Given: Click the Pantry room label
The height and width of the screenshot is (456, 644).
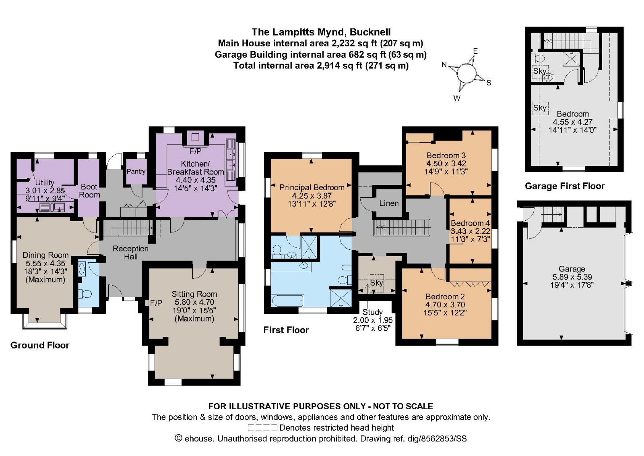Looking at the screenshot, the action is pyautogui.click(x=136, y=171).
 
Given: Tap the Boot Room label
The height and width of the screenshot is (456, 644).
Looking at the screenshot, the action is pyautogui.click(x=89, y=191).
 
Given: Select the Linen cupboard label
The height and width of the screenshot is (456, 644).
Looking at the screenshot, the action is pyautogui.click(x=389, y=203).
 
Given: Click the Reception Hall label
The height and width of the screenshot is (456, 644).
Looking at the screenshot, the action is pyautogui.click(x=130, y=253).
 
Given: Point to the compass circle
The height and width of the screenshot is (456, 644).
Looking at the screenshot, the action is pyautogui.click(x=466, y=74).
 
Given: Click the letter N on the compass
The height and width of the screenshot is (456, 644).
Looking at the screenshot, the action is pyautogui.click(x=444, y=64).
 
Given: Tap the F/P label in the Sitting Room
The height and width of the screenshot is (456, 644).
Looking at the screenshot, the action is pyautogui.click(x=156, y=303).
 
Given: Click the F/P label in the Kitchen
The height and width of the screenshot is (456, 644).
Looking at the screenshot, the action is pyautogui.click(x=195, y=151).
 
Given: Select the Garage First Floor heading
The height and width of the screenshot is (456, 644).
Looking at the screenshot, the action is pyautogui.click(x=564, y=186).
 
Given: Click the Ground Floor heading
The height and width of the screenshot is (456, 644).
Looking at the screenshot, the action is pyautogui.click(x=40, y=345).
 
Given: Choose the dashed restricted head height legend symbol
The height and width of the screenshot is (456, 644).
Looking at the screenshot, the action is pyautogui.click(x=262, y=428).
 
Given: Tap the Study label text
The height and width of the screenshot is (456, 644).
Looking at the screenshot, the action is pyautogui.click(x=372, y=312).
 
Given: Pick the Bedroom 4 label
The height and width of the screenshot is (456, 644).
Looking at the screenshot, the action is pyautogui.click(x=470, y=223).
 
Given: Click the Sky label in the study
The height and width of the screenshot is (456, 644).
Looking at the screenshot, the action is pyautogui.click(x=376, y=283).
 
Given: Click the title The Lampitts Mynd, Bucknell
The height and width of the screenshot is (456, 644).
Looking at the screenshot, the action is pyautogui.click(x=321, y=32).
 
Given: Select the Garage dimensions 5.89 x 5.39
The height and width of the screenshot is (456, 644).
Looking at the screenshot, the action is pyautogui.click(x=572, y=277).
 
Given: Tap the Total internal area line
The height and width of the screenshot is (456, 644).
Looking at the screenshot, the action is pyautogui.click(x=321, y=66).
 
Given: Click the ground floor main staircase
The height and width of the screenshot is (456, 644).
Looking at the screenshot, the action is pyautogui.click(x=132, y=229).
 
